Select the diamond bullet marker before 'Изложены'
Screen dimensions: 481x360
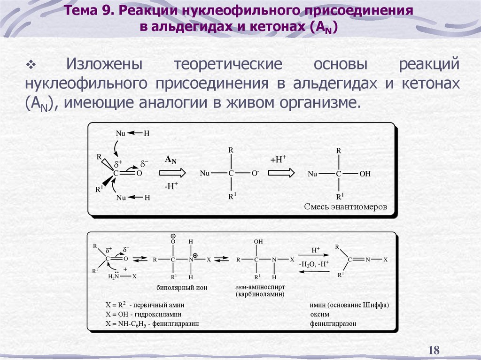pos(32,64)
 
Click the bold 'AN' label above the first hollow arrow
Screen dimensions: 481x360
pos(171,160)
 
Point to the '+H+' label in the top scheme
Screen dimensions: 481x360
pos(278,160)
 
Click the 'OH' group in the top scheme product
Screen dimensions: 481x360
pos(365,174)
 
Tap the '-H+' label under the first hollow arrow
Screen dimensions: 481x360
pos(171,186)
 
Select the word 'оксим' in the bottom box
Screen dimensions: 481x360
pos(319,314)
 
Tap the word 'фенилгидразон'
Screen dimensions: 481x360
pos(333,323)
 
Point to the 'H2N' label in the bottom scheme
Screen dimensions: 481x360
pos(114,276)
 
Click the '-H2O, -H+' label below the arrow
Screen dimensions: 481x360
pos(314,264)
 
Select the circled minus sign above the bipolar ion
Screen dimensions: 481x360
pos(173,236)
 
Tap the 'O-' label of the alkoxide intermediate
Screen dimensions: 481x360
pos(255,173)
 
